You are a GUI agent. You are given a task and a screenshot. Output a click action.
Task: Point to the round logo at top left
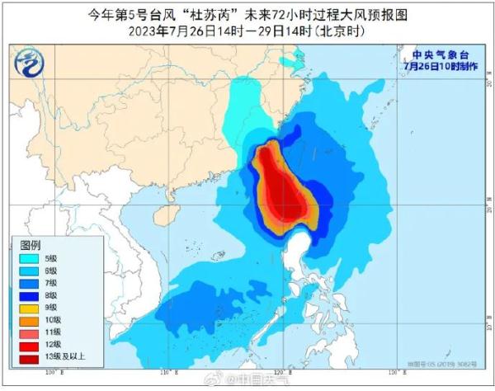(x=31, y=63)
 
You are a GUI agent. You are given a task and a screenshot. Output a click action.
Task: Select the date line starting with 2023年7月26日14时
(x=247, y=31)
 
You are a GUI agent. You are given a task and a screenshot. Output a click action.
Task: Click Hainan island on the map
(x=171, y=195)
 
